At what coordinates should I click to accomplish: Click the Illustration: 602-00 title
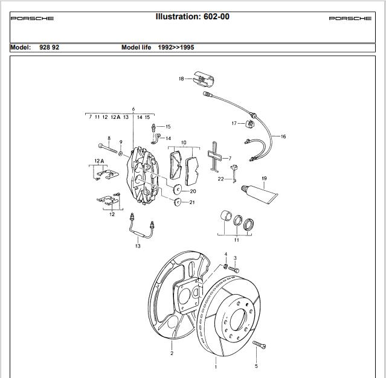193,16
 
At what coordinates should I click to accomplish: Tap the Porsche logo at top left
32,18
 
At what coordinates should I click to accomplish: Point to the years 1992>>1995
176,47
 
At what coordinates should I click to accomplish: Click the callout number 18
181,78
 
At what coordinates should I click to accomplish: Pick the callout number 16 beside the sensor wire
283,136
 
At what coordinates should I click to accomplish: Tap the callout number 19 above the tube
264,178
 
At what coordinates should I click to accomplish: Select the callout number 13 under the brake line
138,246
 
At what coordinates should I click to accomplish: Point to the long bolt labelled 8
107,147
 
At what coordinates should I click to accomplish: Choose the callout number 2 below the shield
172,353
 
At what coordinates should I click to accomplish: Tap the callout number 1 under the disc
216,366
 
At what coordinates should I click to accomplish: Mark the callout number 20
193,191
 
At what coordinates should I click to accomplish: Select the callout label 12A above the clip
99,161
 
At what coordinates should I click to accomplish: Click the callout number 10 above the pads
184,143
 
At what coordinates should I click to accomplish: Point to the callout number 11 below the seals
236,240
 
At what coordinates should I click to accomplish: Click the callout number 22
221,179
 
